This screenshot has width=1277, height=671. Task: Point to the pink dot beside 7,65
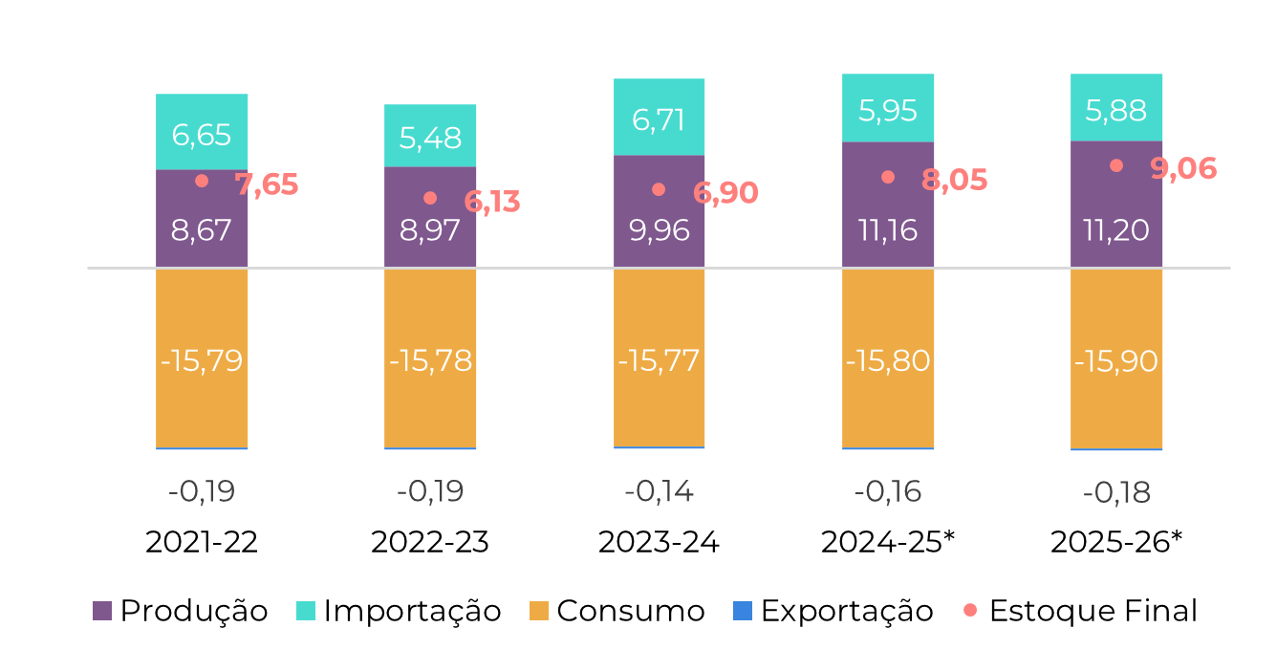(x=202, y=181)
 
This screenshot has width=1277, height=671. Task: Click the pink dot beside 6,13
(x=430, y=198)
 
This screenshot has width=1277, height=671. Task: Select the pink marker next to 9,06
(x=1116, y=165)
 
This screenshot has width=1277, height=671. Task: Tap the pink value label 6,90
(x=725, y=193)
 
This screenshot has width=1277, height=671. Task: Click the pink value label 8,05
(x=954, y=181)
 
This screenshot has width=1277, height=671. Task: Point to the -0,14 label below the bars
(x=659, y=492)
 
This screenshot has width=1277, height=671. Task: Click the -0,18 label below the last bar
(x=1116, y=493)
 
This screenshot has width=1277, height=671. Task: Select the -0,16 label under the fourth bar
(x=888, y=492)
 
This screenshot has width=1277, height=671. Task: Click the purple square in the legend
(x=102, y=611)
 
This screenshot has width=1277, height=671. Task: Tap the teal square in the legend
(x=306, y=611)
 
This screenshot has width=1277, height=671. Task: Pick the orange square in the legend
(x=539, y=611)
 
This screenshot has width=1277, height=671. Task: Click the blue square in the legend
(x=743, y=611)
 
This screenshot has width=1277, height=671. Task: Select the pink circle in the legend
(x=970, y=610)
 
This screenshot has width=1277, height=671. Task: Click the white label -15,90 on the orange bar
(x=1116, y=361)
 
